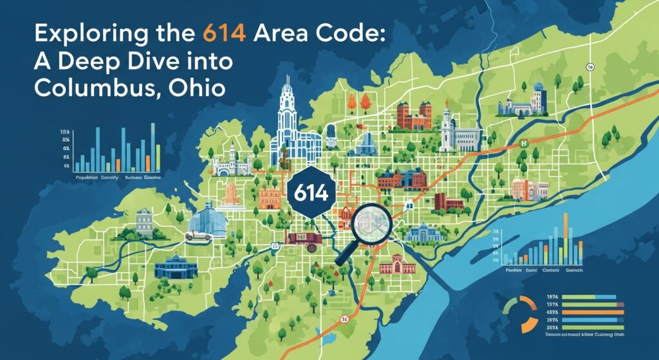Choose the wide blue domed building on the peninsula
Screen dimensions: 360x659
[x=171, y=266]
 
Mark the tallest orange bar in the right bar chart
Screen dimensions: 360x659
[x=566, y=238]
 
